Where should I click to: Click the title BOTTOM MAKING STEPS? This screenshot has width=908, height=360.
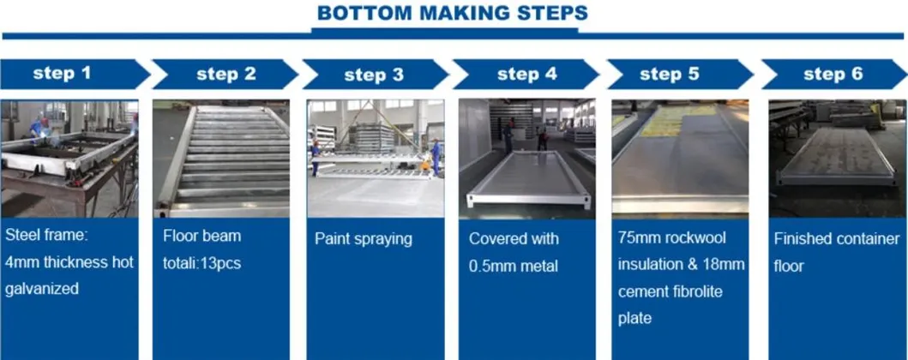(x=452, y=13)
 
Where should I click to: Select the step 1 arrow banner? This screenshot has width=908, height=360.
(x=69, y=74)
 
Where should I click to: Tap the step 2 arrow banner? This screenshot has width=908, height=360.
(x=225, y=74)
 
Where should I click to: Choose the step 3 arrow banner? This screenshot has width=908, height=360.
(x=374, y=75)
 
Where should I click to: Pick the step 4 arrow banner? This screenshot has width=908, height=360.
(x=526, y=74)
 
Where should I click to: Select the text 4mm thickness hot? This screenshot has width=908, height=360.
(x=69, y=262)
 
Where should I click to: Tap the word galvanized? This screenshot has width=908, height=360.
(x=42, y=290)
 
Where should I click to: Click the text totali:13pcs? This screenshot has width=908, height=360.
(x=201, y=263)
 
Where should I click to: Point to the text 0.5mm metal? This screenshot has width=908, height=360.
(x=513, y=267)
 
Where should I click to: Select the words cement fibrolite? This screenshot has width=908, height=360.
(x=670, y=291)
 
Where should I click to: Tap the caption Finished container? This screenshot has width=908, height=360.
(x=836, y=238)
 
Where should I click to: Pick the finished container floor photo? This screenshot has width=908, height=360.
(x=836, y=159)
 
